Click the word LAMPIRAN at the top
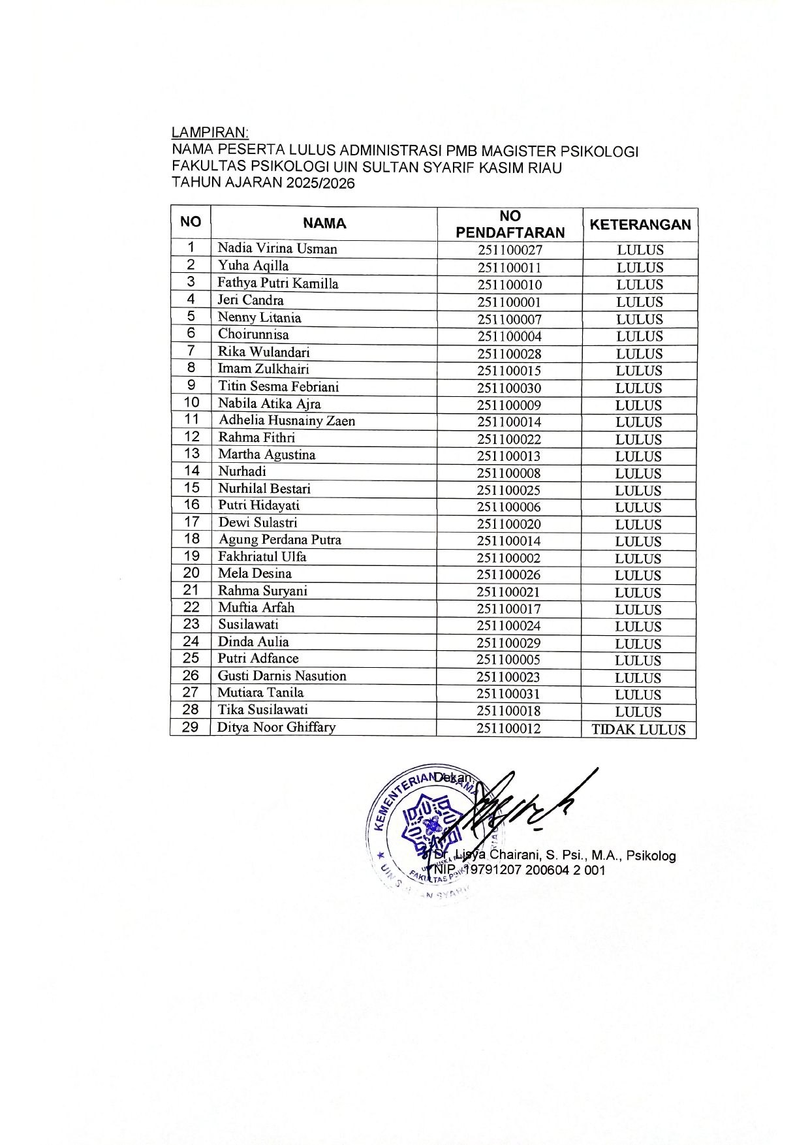click(x=210, y=133)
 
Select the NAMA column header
click(x=324, y=223)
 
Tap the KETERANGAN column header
click(x=640, y=225)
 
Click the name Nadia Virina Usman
click(x=277, y=249)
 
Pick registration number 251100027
click(x=510, y=250)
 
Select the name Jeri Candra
click(x=251, y=300)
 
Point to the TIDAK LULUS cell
click(x=638, y=730)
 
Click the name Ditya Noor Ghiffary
click(x=276, y=727)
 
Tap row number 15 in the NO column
click(x=191, y=488)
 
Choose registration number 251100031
click(x=508, y=694)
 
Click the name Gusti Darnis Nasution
click(x=282, y=676)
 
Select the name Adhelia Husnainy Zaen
click(x=287, y=420)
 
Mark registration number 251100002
click(x=508, y=558)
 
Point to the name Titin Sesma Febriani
click(x=279, y=386)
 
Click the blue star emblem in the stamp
click(x=427, y=824)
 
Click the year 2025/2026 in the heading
click(x=319, y=183)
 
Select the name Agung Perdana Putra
click(x=279, y=539)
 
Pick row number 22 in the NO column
click(x=191, y=606)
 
